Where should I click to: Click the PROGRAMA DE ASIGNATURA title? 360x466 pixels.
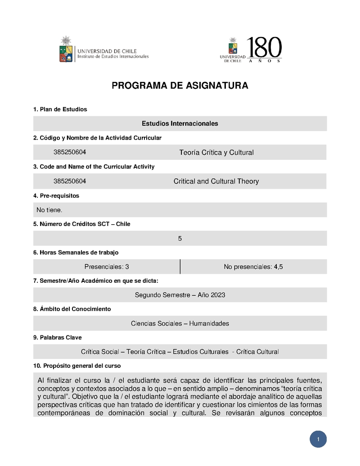click(x=180, y=86)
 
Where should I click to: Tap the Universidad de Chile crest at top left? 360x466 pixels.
click(x=66, y=50)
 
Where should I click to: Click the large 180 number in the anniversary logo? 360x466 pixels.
click(x=264, y=47)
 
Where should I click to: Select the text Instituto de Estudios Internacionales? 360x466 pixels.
click(x=113, y=57)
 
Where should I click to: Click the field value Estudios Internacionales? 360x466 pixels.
click(x=180, y=123)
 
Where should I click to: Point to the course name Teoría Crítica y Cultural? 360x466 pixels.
click(x=216, y=153)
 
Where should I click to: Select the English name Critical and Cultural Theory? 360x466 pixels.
click(x=216, y=181)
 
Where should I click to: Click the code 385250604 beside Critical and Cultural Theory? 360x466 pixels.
click(x=70, y=181)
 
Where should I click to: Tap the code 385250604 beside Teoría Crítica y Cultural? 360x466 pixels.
click(x=70, y=153)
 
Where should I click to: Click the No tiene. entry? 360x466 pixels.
click(x=49, y=210)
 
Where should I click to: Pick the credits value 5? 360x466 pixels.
click(x=180, y=239)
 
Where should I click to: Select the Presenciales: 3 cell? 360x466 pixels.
click(x=107, y=267)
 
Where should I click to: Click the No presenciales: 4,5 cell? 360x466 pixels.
click(x=253, y=267)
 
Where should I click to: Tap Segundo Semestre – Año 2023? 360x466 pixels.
click(x=180, y=295)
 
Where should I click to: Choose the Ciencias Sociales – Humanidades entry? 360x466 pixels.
click(x=180, y=323)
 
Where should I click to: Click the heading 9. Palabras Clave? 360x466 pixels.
click(x=58, y=337)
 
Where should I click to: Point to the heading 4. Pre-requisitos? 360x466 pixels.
click(x=56, y=196)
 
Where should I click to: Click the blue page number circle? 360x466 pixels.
click(x=318, y=439)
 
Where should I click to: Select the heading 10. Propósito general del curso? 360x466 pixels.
click(x=77, y=366)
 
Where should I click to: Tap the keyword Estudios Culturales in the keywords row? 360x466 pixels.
click(x=201, y=352)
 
